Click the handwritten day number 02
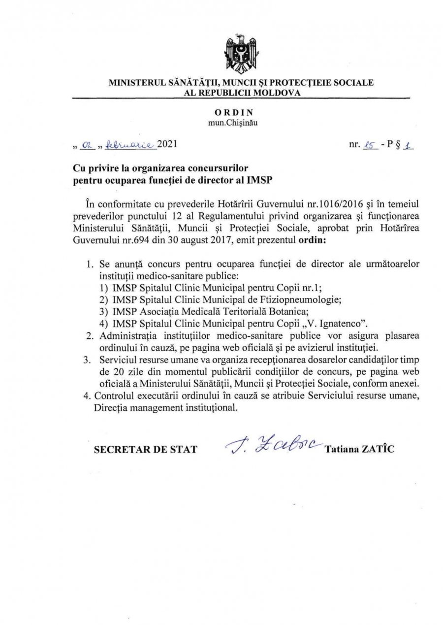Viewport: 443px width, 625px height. (88, 145)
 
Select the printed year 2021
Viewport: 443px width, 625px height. (165, 145)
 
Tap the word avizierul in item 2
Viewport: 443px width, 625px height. (311, 347)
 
